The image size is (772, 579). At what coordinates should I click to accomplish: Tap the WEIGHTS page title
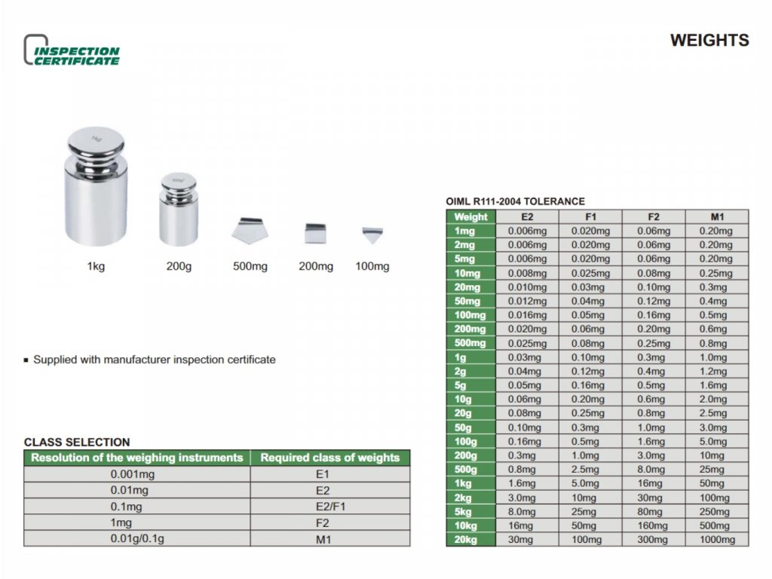(709, 41)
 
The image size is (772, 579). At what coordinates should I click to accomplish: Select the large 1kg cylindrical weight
(96, 187)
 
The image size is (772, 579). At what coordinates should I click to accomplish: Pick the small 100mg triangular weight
(372, 235)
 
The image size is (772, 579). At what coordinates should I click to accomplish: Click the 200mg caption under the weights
(315, 267)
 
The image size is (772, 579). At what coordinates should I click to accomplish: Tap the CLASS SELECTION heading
(77, 443)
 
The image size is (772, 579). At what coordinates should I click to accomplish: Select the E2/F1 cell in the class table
(330, 507)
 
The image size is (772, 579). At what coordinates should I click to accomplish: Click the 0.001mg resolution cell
(136, 475)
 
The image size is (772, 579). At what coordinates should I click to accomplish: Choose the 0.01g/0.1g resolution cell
(136, 539)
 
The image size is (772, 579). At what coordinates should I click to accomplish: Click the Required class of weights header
(330, 458)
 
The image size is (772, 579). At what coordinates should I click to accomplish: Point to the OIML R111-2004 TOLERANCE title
(515, 201)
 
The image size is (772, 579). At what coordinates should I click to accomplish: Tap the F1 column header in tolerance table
(590, 217)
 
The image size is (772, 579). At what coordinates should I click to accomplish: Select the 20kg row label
(471, 540)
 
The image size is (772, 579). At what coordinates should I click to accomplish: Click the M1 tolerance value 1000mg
(716, 540)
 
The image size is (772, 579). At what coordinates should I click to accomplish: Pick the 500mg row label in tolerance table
(471, 344)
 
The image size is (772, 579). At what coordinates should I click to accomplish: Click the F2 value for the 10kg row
(653, 525)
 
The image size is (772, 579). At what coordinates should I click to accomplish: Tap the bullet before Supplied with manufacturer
(27, 360)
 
